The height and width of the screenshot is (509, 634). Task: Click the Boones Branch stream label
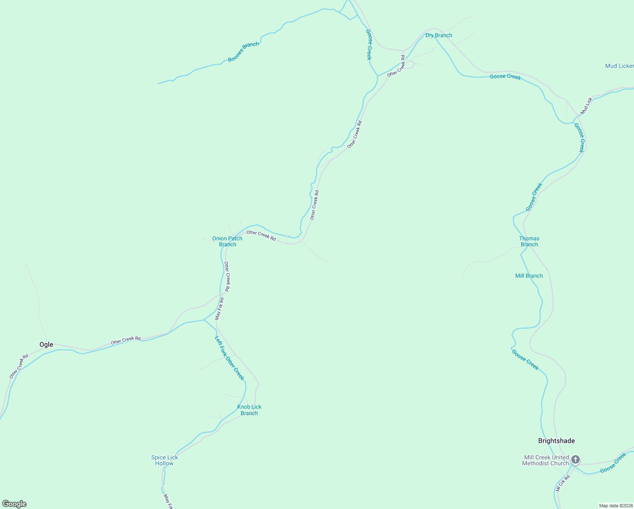pyautogui.click(x=243, y=52)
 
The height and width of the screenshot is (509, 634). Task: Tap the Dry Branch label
pyautogui.click(x=439, y=35)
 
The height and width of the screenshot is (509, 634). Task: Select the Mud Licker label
pyautogui.click(x=619, y=66)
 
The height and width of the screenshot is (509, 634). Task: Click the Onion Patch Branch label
pyautogui.click(x=228, y=241)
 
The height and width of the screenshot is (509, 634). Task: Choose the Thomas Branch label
pyautogui.click(x=529, y=241)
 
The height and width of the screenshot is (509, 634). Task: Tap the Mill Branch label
pyautogui.click(x=529, y=276)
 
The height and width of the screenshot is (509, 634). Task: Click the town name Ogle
pyautogui.click(x=46, y=344)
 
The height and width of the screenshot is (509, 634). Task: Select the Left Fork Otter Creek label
pyautogui.click(x=229, y=358)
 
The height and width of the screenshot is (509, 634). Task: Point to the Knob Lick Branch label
pyautogui.click(x=249, y=410)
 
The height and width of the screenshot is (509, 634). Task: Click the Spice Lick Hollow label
pyautogui.click(x=164, y=460)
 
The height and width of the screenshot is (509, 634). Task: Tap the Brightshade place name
pyautogui.click(x=556, y=441)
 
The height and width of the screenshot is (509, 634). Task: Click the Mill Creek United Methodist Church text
pyautogui.click(x=546, y=460)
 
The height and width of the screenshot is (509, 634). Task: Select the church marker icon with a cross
pyautogui.click(x=575, y=459)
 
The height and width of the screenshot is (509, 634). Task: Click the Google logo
pyautogui.click(x=14, y=504)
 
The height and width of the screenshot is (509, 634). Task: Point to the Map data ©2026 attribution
pyautogui.click(x=616, y=506)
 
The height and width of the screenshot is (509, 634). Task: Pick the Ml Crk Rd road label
pyautogui.click(x=563, y=483)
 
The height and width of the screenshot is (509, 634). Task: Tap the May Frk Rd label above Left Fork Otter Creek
pyautogui.click(x=219, y=309)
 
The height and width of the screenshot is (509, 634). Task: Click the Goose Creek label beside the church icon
pyautogui.click(x=613, y=463)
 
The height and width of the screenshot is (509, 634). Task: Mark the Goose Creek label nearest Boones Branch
pyautogui.click(x=369, y=45)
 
